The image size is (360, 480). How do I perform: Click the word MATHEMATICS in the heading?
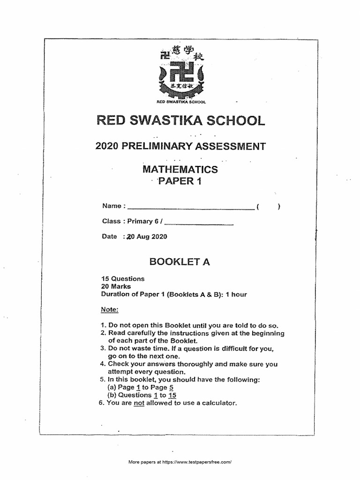(180, 169)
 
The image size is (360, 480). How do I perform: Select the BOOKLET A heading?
(180, 262)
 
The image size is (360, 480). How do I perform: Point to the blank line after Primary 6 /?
(199, 222)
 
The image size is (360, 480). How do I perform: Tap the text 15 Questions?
(123, 278)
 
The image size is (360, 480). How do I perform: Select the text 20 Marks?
(116, 286)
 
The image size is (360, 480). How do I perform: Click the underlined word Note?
(110, 310)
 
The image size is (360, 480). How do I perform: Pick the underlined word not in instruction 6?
(139, 403)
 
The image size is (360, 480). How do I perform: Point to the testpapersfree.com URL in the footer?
(197, 462)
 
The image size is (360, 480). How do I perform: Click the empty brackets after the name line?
(268, 206)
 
